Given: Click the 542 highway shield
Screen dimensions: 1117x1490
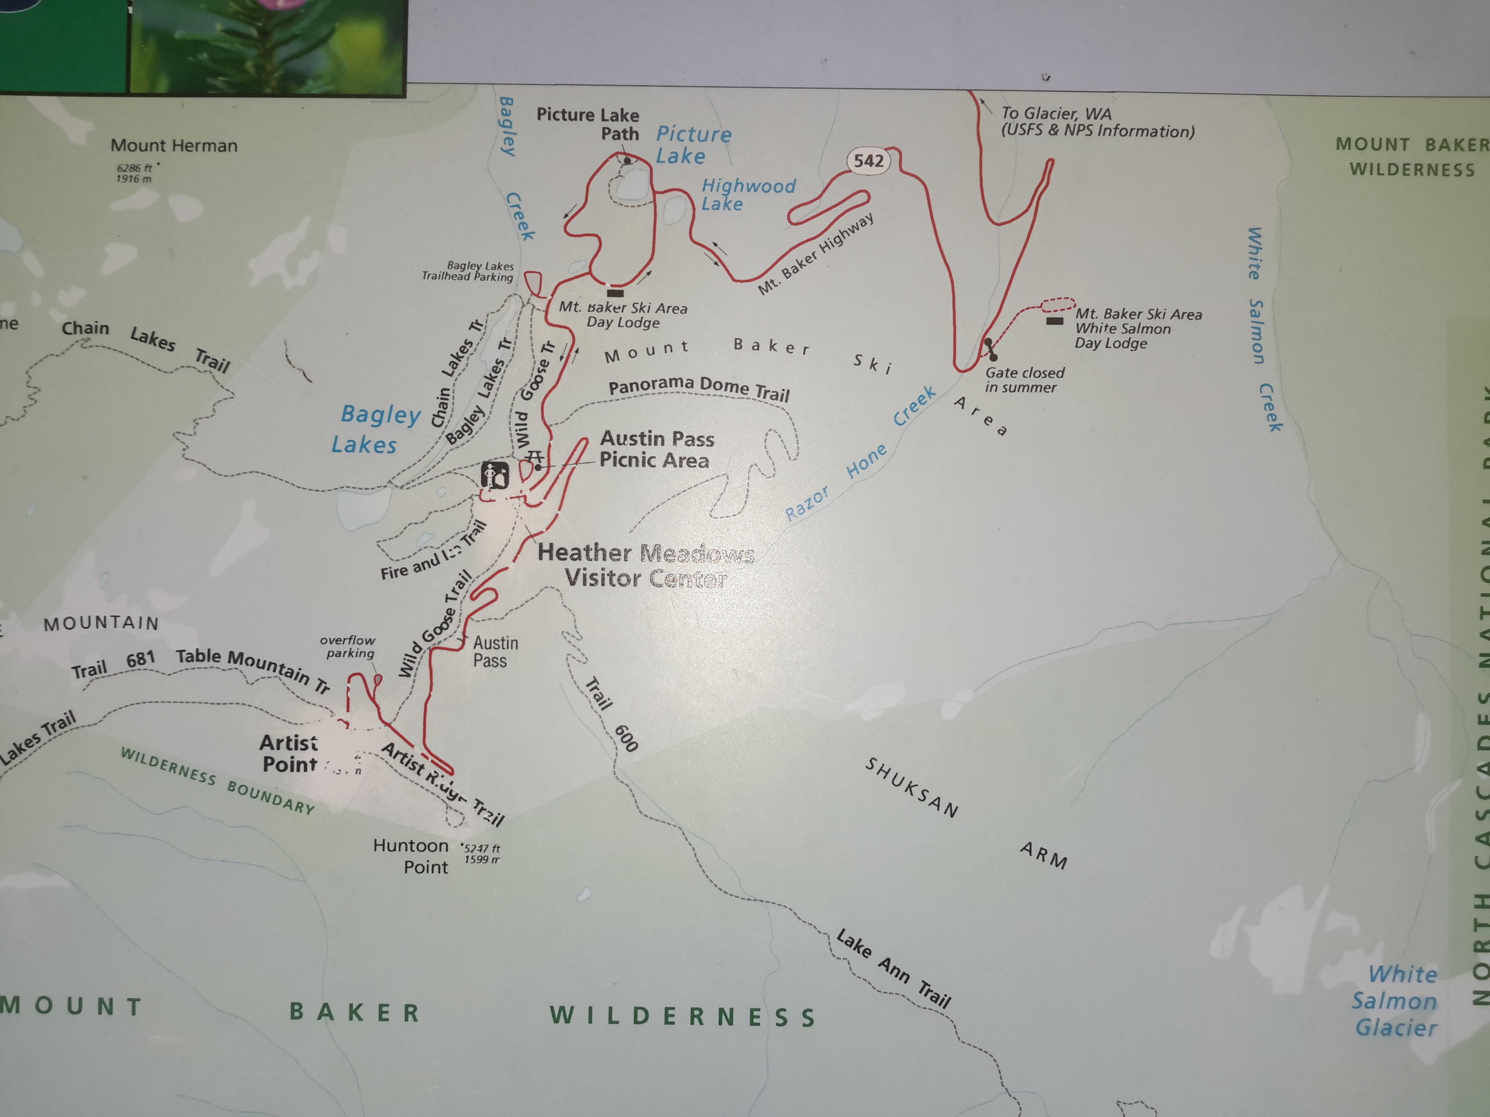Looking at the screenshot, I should click(868, 161).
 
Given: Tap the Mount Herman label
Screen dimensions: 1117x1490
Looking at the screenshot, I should click(174, 145).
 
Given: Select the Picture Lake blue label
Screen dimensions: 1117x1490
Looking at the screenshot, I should click(693, 145).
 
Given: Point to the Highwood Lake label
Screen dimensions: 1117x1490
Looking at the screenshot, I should click(748, 194).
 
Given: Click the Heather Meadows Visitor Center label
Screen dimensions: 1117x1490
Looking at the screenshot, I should click(645, 565).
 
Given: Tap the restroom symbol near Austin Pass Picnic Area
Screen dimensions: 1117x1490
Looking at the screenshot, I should click(495, 475).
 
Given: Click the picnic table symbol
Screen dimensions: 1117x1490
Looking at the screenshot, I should click(535, 457).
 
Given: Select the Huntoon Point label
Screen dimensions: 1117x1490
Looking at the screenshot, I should click(411, 856).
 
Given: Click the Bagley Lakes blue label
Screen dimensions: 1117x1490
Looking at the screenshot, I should click(374, 429).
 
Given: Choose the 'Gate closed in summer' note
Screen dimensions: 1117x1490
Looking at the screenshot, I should click(1024, 380).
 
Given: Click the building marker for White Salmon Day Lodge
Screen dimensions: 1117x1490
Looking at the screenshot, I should click(1054, 321).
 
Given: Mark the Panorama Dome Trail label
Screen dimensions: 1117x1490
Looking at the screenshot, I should click(698, 388).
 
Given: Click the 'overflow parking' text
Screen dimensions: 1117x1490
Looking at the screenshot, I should click(347, 646).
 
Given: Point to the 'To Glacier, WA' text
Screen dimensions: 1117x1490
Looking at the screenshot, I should click(1097, 122).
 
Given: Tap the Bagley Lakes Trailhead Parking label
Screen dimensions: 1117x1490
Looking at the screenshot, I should click(467, 271).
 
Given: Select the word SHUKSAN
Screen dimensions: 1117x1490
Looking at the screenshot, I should click(911, 787).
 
